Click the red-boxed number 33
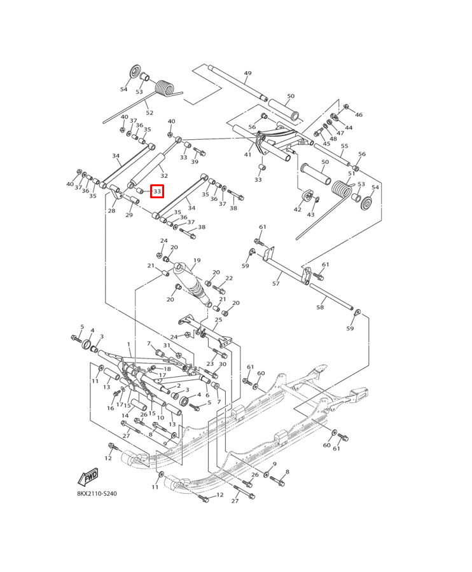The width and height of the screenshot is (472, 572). coord(157,191)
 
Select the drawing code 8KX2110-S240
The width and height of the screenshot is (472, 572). coord(97,493)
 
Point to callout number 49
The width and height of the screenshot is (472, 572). coord(247,74)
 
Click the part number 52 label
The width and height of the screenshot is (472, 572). coord(149,112)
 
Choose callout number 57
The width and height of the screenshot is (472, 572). coord(276,283)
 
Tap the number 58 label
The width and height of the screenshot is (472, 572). coord(320,307)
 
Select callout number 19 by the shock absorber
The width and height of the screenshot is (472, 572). coord(197,261)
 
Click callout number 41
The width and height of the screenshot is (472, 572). coord(247,154)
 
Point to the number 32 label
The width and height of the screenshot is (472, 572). coord(164,175)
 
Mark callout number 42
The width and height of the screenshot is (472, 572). coord(298,209)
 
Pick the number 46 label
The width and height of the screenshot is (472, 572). coord(359,115)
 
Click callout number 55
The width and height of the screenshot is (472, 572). coord(344,146)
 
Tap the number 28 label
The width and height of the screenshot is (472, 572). coord(111,210)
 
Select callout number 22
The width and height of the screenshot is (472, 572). coord(229,278)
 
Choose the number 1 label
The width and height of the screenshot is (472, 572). coord(128,344)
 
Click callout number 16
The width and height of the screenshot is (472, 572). coord(110,408)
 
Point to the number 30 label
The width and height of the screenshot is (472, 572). coord(223,364)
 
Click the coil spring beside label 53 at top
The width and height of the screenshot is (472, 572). coord(165,88)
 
